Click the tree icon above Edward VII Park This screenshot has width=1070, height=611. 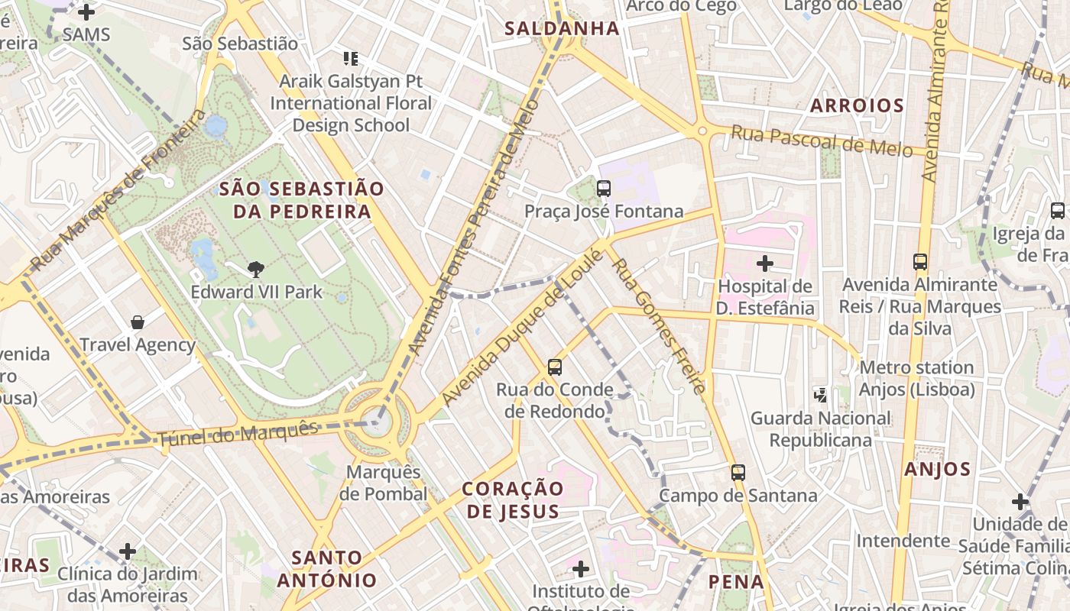[256, 268]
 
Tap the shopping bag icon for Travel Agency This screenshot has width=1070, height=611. [138, 322]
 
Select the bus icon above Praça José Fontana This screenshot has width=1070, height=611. [604, 188]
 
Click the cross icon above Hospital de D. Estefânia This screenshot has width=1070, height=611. [764, 263]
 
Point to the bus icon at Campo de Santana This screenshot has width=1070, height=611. [738, 472]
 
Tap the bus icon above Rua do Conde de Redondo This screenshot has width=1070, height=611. [555, 367]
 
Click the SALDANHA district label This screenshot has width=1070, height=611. [562, 29]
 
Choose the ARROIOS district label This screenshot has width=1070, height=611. [857, 105]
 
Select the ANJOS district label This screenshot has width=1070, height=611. [937, 469]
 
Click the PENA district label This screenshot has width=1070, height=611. [736, 582]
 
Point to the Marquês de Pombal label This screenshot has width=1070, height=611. [384, 483]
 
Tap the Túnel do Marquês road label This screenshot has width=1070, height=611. [237, 435]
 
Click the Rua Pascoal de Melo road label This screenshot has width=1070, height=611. [822, 141]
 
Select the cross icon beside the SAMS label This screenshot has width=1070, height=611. [86, 12]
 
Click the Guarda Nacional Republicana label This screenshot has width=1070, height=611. [820, 429]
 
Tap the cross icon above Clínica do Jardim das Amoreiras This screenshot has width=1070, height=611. [128, 551]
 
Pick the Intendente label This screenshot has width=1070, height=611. [903, 541]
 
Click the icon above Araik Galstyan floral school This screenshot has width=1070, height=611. [351, 58]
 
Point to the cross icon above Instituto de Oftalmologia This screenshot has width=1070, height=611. [581, 568]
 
